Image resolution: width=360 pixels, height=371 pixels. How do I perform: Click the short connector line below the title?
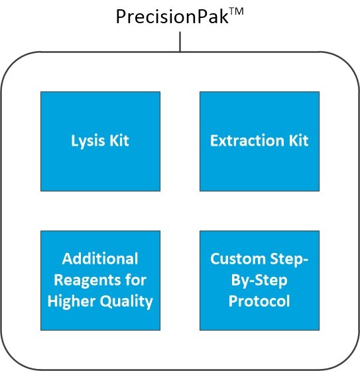[180, 42]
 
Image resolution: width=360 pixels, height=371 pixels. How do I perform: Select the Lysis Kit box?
[100, 141]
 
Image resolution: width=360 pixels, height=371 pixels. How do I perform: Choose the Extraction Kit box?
[259, 141]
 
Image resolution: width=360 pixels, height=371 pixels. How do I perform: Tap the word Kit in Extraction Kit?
[296, 141]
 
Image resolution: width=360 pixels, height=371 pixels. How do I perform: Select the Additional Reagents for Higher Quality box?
[100, 280]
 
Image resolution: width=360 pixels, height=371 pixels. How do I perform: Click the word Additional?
[100, 258]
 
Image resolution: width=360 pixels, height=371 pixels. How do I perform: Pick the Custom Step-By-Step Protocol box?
[259, 280]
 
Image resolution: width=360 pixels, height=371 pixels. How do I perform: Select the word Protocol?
[259, 302]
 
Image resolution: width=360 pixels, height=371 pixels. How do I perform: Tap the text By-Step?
[259, 280]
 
